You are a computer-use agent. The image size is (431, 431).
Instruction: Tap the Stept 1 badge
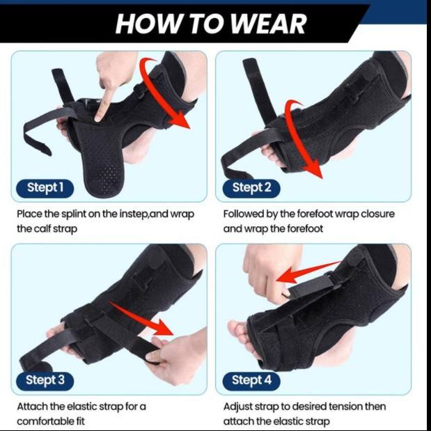tap(45, 188)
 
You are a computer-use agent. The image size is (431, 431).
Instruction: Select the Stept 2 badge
tap(251, 188)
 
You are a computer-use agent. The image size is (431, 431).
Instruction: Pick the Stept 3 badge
tap(45, 381)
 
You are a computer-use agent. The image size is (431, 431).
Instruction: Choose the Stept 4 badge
tap(251, 381)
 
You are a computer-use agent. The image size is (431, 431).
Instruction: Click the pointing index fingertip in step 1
tap(98, 119)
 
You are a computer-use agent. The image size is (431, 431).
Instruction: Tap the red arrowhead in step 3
tap(163, 327)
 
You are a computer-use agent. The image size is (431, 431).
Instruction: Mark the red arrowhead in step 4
tap(286, 277)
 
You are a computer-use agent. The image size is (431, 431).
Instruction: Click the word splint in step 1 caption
tap(73, 214)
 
